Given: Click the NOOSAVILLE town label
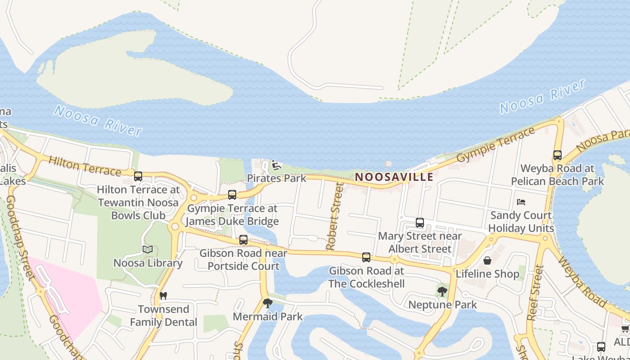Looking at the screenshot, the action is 394,177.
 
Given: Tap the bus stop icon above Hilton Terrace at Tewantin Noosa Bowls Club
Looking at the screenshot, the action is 138,176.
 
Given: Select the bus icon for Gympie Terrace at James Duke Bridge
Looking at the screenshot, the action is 232,195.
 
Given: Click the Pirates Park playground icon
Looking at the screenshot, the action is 275,166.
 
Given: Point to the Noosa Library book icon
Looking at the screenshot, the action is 148,249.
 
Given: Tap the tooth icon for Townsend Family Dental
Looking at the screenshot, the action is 163,296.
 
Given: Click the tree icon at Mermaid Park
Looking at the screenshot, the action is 268,303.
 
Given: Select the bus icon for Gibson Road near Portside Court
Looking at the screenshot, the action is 243,240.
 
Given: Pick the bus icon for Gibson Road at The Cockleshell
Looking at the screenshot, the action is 366,257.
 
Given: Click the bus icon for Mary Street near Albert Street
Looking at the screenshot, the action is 420,223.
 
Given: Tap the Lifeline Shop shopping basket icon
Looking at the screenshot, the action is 487,261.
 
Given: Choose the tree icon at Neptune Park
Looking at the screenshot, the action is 442,292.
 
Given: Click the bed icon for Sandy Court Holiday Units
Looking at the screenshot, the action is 521,202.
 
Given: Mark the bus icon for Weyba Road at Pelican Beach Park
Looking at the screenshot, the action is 558,155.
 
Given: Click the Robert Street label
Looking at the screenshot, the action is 335,216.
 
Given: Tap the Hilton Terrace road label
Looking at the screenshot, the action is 84,166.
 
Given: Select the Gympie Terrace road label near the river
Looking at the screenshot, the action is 496,144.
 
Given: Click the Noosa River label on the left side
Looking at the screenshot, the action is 98,120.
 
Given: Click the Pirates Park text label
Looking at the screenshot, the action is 276,178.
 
